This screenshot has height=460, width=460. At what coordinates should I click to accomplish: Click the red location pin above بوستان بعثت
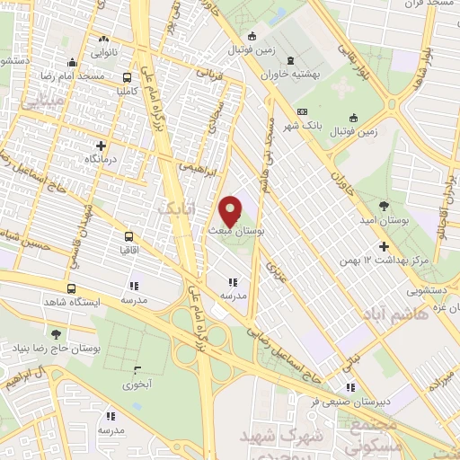pos(231,210)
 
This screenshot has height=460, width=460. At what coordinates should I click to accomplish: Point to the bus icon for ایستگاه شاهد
pos(72,290)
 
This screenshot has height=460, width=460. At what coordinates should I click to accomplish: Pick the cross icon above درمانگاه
pos(101,145)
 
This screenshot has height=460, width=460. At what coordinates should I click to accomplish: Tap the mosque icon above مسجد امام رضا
pos(73,62)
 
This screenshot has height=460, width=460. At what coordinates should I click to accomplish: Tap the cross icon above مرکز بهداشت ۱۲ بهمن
pos(385,246)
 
